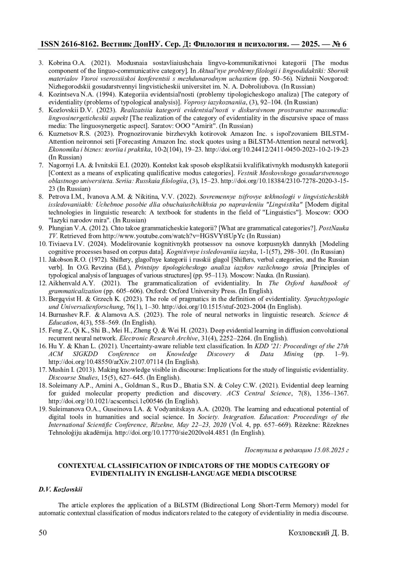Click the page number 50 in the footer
pyautogui.click(x=43, y=533)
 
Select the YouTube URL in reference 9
pyautogui.click(x=174, y=236)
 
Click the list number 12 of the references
pyautogui.click(x=43, y=283)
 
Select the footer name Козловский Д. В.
pyautogui.click(x=318, y=533)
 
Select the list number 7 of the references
pyautogui.click(x=41, y=165)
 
